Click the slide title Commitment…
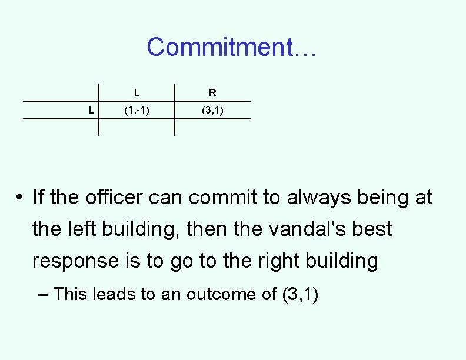coord(232,47)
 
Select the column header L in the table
coord(137,93)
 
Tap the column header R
coord(212,93)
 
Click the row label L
coord(90,109)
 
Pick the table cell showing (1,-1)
coord(137,109)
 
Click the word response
coord(75,261)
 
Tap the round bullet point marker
coord(20,198)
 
